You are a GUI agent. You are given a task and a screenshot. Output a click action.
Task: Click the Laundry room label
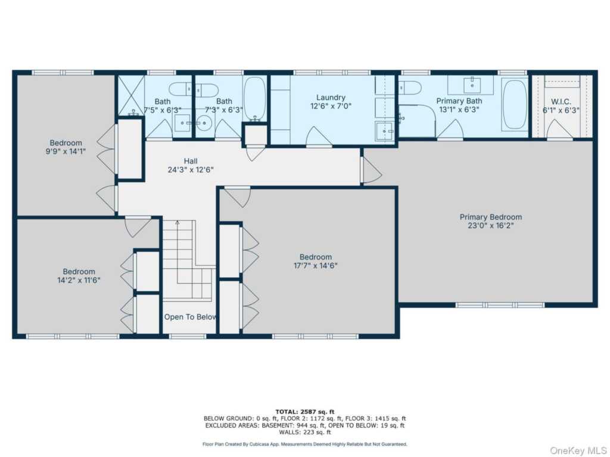coord(331,98)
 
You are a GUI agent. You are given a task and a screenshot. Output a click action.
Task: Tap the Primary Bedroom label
coord(491,217)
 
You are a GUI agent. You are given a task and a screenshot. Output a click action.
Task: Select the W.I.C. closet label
coord(561,102)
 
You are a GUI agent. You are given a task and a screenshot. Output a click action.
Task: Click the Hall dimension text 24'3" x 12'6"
coord(191,170)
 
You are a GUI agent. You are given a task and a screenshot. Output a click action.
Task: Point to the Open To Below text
coord(190,317)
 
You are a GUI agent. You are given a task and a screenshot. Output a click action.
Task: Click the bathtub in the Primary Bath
coord(514,105)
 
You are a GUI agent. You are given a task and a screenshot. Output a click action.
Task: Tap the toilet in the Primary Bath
coord(409,87)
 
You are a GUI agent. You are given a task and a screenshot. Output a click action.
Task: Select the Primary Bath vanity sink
coord(472,84)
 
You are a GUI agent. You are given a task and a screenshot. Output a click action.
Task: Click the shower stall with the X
coord(131,95)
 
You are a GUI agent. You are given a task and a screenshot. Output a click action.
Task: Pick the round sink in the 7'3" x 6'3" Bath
coord(204,123)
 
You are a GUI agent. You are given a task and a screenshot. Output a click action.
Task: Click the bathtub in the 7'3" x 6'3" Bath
coord(255,99)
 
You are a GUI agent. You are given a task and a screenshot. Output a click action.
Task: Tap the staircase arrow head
coord(178,223)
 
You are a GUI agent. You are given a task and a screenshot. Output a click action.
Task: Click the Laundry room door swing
coord(319,136)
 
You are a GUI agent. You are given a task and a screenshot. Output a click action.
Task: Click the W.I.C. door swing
coord(559,129)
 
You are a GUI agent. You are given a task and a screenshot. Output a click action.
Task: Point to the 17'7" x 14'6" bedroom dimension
coord(316,266)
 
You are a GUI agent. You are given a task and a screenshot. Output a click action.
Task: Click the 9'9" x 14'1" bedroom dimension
coord(66,152)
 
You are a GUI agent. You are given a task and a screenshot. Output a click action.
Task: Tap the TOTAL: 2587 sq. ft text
coord(304,412)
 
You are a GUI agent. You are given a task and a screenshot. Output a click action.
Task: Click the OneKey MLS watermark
coord(578,450)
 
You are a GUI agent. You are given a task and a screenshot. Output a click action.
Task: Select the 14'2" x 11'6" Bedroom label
coord(79,271)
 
